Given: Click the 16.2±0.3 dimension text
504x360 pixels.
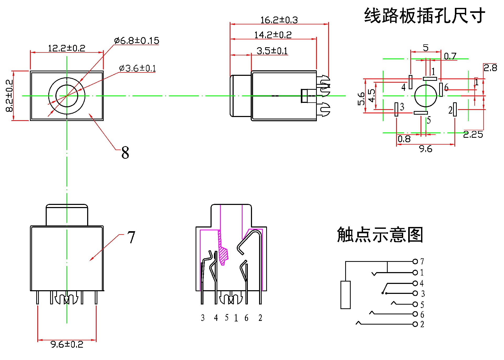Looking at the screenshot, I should (279, 20).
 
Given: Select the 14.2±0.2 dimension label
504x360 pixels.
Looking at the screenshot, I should (273, 35).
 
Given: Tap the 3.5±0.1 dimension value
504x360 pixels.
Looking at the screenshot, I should (272, 51).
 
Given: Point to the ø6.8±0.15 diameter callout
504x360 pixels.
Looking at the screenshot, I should (136, 41).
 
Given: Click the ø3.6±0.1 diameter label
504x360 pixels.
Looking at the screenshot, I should (137, 68).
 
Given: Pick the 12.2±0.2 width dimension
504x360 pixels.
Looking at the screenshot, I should (66, 48).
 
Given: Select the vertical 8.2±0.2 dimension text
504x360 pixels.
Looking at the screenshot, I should (9, 96).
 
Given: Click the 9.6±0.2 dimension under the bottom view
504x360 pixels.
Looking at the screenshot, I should (67, 344).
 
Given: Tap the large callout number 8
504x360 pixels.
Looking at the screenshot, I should (125, 152).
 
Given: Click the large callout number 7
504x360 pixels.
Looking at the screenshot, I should (131, 237).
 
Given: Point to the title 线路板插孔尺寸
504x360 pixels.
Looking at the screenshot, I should (424, 16).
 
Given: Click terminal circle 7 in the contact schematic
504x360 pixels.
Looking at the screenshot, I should (415, 261).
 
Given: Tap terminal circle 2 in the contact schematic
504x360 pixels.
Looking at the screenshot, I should (415, 324).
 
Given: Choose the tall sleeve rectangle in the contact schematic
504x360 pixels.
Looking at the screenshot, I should (345, 295).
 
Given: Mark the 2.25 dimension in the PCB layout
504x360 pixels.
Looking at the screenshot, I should (473, 135).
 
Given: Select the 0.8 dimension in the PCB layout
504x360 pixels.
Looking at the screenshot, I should (404, 139).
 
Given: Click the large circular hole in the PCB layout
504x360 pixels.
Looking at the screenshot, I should (426, 96).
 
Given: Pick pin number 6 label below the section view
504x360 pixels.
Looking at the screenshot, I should (246, 318).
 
